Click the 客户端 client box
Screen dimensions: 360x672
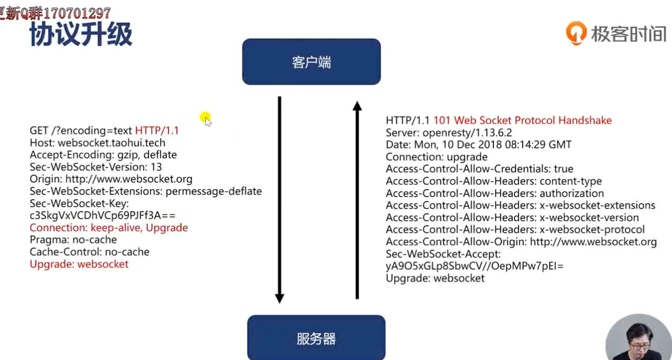[x=311, y=62]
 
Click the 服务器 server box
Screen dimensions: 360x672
[x=316, y=338]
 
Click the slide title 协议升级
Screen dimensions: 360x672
[x=80, y=34]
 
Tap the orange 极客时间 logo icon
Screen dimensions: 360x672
[x=576, y=33]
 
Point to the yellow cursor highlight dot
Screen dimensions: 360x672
[x=205, y=117]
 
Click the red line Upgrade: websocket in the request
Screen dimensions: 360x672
[x=79, y=264]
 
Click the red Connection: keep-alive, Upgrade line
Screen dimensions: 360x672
[x=109, y=228]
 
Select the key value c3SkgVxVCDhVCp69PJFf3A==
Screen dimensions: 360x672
[x=103, y=216]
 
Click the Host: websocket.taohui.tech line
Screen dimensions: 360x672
[x=97, y=143]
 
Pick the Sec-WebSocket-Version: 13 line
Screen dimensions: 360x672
[x=96, y=167]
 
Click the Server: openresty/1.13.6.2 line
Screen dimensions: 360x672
[x=449, y=132]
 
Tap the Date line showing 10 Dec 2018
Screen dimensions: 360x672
[x=478, y=145]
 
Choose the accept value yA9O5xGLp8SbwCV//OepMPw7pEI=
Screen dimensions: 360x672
[x=474, y=266]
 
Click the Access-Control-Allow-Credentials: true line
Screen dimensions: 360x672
[x=479, y=169]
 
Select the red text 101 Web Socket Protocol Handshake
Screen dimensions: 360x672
[x=522, y=121]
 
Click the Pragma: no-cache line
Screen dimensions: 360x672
[x=73, y=240]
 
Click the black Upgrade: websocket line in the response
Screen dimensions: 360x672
[x=435, y=279]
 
